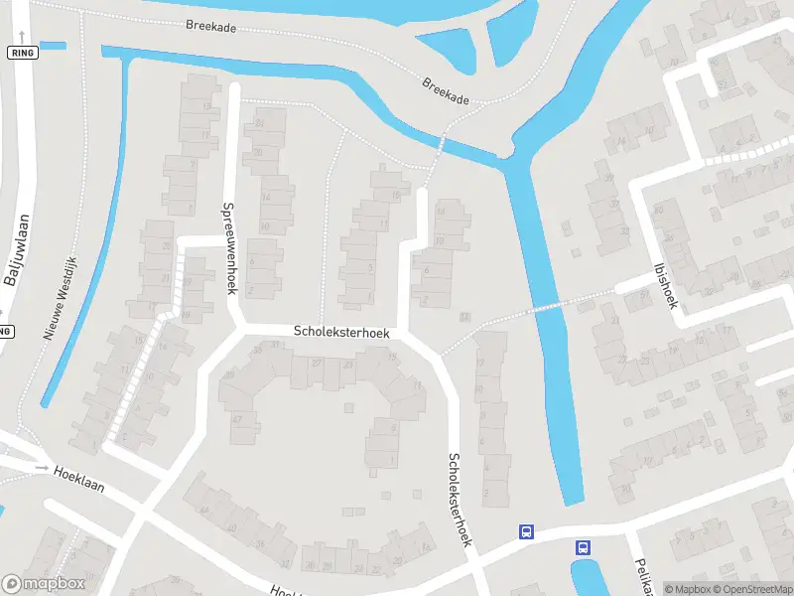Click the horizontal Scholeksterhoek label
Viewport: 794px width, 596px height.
[340, 332]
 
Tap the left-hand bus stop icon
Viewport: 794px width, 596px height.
[526, 532]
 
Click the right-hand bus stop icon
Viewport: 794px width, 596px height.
[583, 547]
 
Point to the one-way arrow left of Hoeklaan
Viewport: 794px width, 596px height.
[42, 467]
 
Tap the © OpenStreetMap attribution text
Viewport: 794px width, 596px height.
[752, 589]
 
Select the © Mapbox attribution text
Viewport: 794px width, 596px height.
[687, 589]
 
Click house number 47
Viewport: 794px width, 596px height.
[237, 420]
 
